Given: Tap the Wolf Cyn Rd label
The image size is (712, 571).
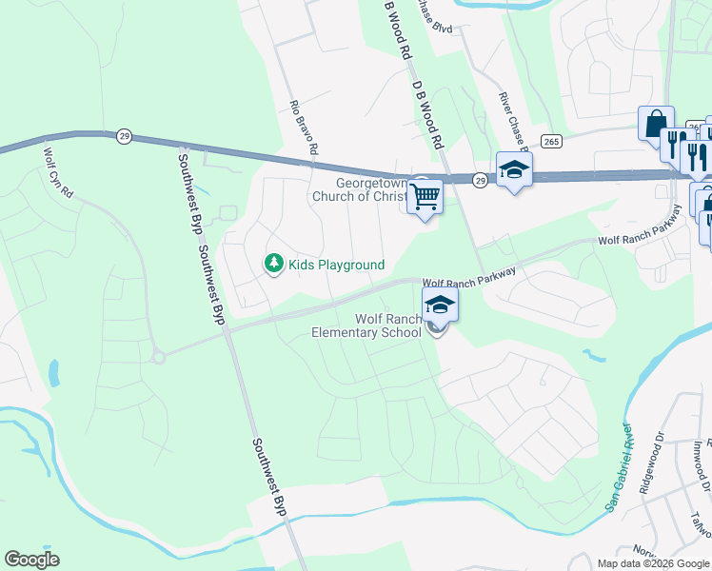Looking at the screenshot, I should pyautogui.click(x=58, y=172).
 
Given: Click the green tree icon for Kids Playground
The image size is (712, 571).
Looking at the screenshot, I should pyautogui.click(x=274, y=264).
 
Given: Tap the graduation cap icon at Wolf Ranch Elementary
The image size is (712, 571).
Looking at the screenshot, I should pyautogui.click(x=440, y=305).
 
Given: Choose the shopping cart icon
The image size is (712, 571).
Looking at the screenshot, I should pyautogui.click(x=425, y=198).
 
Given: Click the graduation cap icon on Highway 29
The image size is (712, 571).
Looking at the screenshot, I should pyautogui.click(x=514, y=169).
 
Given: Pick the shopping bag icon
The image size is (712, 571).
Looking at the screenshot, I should pyautogui.click(x=656, y=123).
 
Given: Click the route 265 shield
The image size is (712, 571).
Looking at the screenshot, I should pyautogui.click(x=550, y=141).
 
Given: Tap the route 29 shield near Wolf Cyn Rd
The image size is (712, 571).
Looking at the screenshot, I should pyautogui.click(x=124, y=136).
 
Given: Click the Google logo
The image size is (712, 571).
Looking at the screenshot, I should pyautogui.click(x=31, y=560).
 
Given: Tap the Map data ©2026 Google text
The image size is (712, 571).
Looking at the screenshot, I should pyautogui.click(x=653, y=563).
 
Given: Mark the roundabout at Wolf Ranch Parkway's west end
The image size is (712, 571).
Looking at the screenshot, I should pyautogui.click(x=158, y=357).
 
